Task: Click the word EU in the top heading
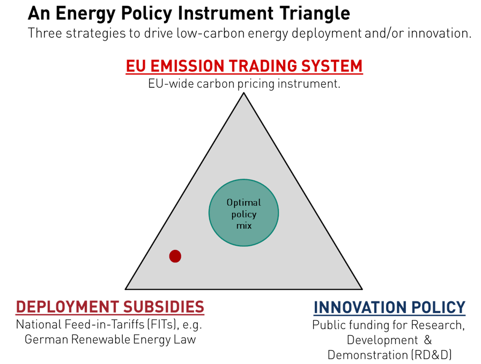134,66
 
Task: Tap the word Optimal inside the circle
243,203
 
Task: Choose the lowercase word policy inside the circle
243,214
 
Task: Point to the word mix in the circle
243,225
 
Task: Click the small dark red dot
175,256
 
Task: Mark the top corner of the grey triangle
244,96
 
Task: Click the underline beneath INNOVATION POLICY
389,315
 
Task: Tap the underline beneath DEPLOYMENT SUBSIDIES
110,315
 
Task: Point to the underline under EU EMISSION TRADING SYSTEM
245,74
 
